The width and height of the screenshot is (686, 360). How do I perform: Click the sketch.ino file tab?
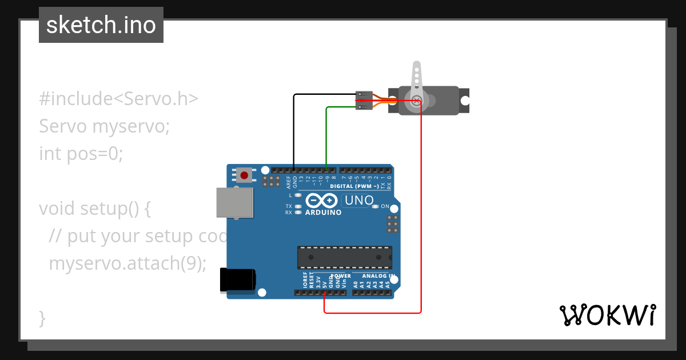pyautogui.click(x=101, y=25)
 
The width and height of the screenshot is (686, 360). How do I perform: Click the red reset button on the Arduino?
pyautogui.click(x=245, y=175)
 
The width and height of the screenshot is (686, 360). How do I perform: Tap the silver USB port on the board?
pyautogui.click(x=234, y=202)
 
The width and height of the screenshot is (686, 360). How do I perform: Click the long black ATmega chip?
pyautogui.click(x=344, y=257)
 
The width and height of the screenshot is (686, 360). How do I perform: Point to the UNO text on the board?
pyautogui.click(x=358, y=201)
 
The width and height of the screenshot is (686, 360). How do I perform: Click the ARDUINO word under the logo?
pyautogui.click(x=323, y=213)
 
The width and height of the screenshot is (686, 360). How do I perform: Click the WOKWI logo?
pyautogui.click(x=607, y=315)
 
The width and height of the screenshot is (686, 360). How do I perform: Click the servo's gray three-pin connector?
pyautogui.click(x=364, y=100)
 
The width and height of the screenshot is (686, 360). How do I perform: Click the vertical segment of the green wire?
pyautogui.click(x=326, y=137)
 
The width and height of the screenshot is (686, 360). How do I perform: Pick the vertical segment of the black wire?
pyautogui.click(x=294, y=131)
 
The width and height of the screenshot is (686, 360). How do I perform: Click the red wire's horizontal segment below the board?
pyautogui.click(x=372, y=313)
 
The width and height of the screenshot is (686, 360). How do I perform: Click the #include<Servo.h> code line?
pyautogui.click(x=118, y=99)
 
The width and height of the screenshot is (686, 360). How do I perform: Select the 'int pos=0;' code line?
pyautogui.click(x=81, y=154)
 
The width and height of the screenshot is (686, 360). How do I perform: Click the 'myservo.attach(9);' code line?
pyautogui.click(x=127, y=263)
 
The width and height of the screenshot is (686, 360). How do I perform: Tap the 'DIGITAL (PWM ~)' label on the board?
pyautogui.click(x=354, y=186)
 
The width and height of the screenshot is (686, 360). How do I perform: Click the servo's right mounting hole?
pyautogui.click(x=465, y=101)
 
